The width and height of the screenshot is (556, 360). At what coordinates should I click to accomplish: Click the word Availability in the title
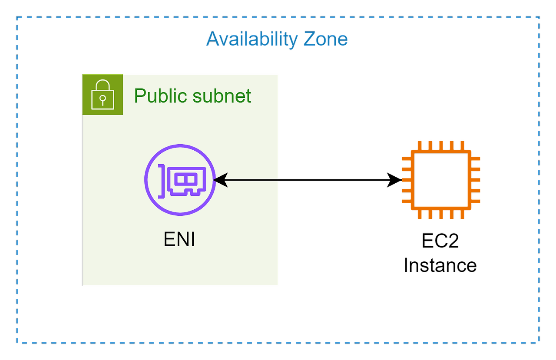[252, 40]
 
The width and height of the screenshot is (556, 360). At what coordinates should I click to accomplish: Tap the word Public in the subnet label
[160, 96]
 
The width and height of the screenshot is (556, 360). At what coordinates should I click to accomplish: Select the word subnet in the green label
[222, 96]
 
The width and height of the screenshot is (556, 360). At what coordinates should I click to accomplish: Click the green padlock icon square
[103, 95]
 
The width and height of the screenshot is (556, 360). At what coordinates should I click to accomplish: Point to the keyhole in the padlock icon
[103, 100]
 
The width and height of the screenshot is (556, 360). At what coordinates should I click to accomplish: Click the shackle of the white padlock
[103, 85]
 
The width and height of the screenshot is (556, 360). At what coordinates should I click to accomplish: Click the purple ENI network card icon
[180, 180]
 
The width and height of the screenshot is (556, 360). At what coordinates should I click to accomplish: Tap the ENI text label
[179, 239]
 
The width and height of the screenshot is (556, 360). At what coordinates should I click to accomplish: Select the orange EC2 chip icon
[441, 180]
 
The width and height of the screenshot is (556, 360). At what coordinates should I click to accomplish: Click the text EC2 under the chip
[440, 241]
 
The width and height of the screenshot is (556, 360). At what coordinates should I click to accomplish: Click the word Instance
[440, 265]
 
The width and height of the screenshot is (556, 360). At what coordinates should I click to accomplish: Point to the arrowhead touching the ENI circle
[220, 180]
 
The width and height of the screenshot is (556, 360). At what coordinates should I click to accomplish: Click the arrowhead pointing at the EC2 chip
[394, 180]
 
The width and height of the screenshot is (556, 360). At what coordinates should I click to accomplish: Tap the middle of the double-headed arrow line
[307, 180]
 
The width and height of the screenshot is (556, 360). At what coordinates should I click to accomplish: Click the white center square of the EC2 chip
[441, 180]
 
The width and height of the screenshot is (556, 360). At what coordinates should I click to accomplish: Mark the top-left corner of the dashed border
[17, 17]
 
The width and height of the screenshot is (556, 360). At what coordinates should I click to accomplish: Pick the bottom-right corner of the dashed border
[539, 343]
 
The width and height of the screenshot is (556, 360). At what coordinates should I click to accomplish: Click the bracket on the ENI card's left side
[162, 182]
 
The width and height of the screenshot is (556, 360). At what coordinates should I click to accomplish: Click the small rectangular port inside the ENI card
[185, 179]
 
